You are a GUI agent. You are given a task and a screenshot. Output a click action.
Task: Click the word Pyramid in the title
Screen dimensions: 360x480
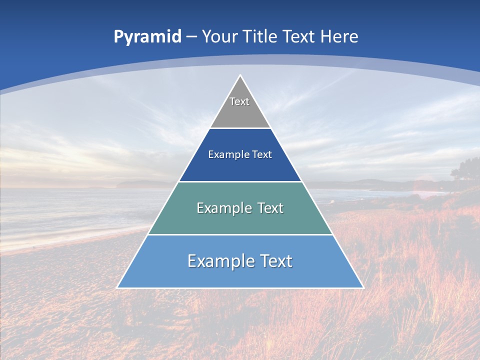click(147, 37)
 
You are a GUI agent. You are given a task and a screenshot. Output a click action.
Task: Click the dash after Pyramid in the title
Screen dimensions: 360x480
click(191, 37)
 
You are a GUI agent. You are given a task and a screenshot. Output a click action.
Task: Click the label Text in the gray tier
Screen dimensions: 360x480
click(239, 101)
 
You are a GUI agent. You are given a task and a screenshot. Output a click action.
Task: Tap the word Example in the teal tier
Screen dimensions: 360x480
click(222, 208)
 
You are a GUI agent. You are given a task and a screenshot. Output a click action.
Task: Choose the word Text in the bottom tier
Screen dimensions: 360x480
click(275, 261)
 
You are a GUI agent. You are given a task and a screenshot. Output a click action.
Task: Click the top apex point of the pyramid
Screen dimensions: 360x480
click(240, 75)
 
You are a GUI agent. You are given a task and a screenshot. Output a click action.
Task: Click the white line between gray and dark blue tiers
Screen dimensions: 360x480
click(240, 128)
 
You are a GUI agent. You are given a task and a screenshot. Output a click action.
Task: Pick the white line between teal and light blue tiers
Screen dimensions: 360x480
click(240, 234)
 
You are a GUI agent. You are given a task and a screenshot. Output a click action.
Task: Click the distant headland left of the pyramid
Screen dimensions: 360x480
click(140, 184)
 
